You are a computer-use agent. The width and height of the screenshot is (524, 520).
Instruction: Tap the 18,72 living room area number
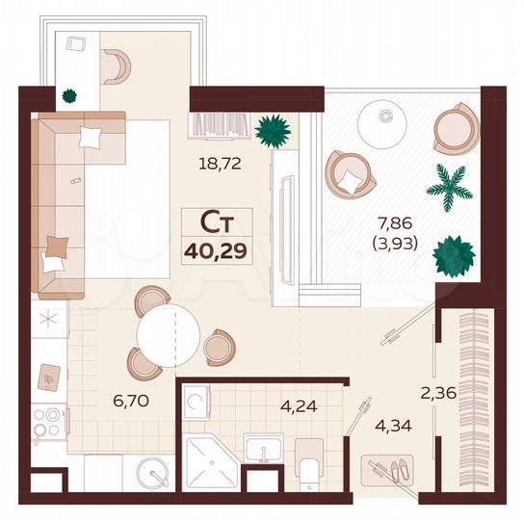coord(220,164)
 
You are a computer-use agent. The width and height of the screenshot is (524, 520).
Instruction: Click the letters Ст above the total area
coord(217,222)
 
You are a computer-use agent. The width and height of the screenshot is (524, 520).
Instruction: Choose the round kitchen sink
coord(149,473)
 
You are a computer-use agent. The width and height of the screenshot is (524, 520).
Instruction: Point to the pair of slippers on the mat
coord(395,471)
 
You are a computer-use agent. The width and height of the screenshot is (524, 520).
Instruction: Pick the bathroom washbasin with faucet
coord(262,449)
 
